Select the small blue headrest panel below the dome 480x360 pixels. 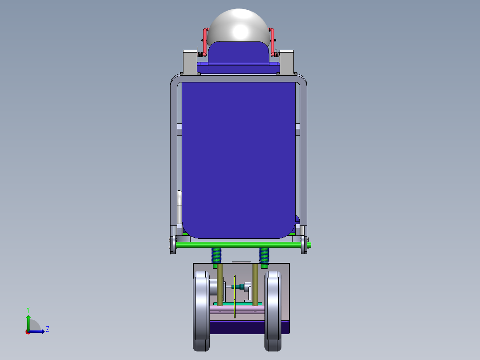click(238, 53)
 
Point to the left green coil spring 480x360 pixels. click(216, 255)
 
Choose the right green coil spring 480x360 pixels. click(264, 255)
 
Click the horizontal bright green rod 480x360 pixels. click(240, 245)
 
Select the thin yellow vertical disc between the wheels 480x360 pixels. click(234, 296)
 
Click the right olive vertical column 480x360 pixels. click(255, 283)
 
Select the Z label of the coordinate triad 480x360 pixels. click(47, 330)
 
